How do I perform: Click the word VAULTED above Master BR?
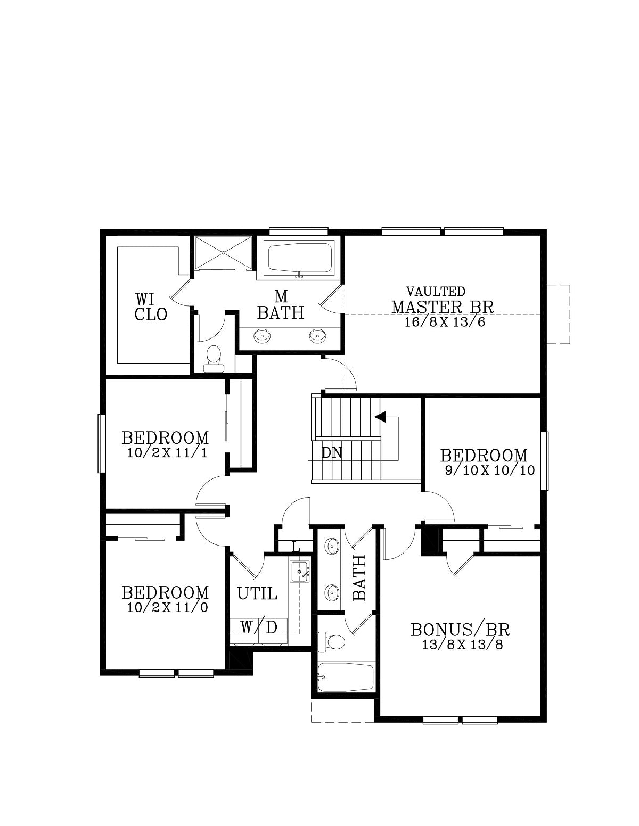tap(436, 292)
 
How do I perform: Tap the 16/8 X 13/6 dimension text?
tap(445, 323)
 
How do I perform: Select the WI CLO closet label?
tap(151, 307)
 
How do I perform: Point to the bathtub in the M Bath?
tap(300, 258)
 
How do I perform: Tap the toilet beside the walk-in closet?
tap(214, 359)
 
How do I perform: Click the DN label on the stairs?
tap(331, 453)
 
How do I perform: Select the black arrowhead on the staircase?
tap(381, 417)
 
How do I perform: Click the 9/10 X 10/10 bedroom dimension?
tap(489, 470)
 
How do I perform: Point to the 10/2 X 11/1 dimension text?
tap(167, 453)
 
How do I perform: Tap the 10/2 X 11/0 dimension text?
tap(167, 607)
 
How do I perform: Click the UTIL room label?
tap(257, 593)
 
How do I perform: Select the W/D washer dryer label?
tap(258, 627)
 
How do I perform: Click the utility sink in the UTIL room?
tap(300, 571)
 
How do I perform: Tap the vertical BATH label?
tap(359, 578)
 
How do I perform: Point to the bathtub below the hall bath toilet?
tap(345, 677)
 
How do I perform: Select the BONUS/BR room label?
tap(460, 630)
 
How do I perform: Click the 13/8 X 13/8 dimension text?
tap(463, 645)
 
